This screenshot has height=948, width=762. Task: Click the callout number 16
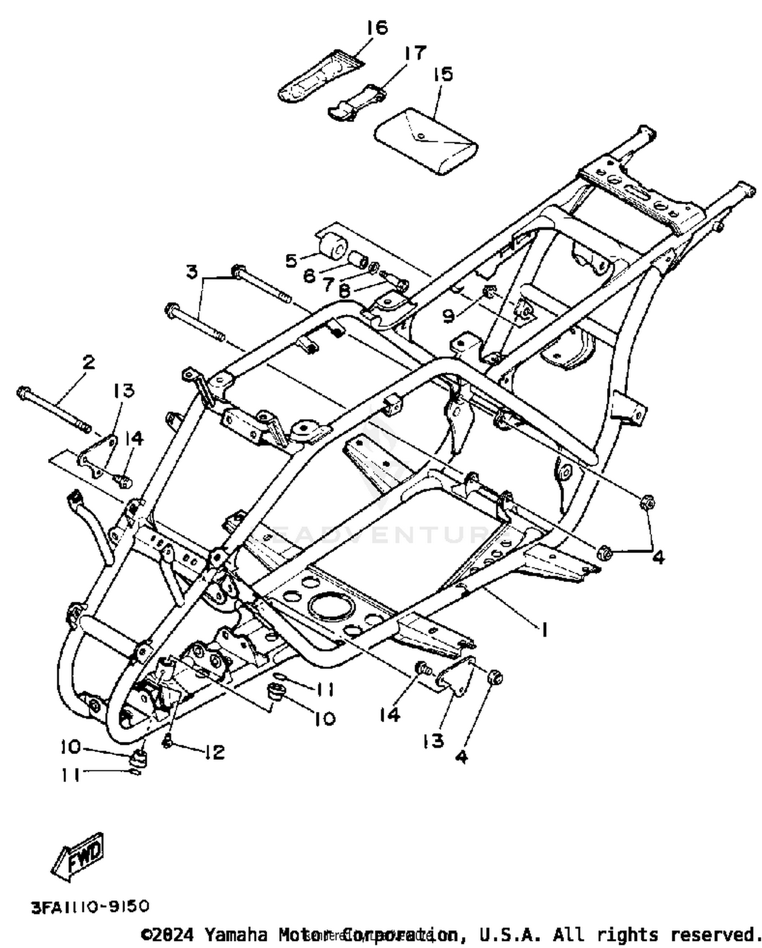377,27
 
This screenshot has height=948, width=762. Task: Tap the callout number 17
415,53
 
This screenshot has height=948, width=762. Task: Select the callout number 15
442,75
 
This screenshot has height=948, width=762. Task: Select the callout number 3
192,272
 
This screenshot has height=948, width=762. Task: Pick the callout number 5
291,260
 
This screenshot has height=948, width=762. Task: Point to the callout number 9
448,316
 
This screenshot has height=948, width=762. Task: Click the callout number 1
544,630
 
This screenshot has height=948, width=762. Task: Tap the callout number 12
215,752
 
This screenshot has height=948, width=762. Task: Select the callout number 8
344,291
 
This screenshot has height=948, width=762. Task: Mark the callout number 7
329,283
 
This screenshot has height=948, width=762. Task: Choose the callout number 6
309,276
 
